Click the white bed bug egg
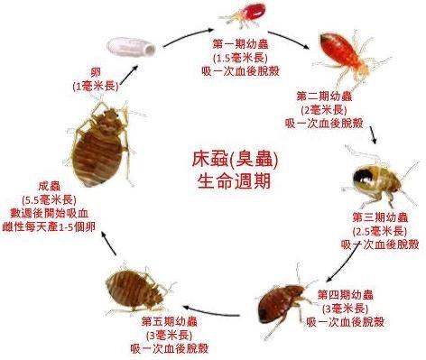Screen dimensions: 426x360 (x=127, y=44)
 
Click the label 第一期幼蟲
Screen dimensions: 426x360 (x=239, y=43)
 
